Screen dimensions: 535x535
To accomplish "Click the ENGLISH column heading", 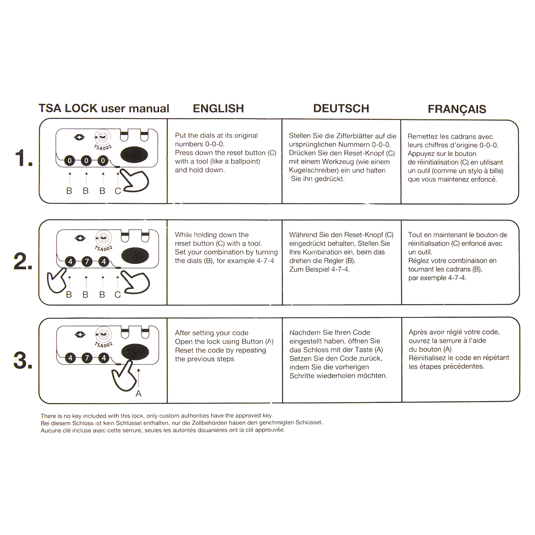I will tap(218, 108).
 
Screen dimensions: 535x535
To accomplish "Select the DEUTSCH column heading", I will tap(341, 108).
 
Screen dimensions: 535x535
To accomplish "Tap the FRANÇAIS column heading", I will tap(457, 109).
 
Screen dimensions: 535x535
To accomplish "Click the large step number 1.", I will tap(23, 158).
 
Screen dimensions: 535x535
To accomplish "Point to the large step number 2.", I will tap(23, 262).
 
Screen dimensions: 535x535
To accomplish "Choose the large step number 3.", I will tap(23, 361).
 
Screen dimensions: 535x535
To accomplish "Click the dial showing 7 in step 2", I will tap(86, 262).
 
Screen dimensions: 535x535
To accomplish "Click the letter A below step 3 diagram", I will tap(138, 394).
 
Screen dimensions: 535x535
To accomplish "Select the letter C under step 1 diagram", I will tap(118, 191).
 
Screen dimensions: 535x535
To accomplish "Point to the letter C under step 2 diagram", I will tap(118, 295).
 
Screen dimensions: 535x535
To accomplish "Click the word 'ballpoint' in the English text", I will tap(244, 161).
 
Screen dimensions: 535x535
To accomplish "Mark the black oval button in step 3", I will tap(136, 352).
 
